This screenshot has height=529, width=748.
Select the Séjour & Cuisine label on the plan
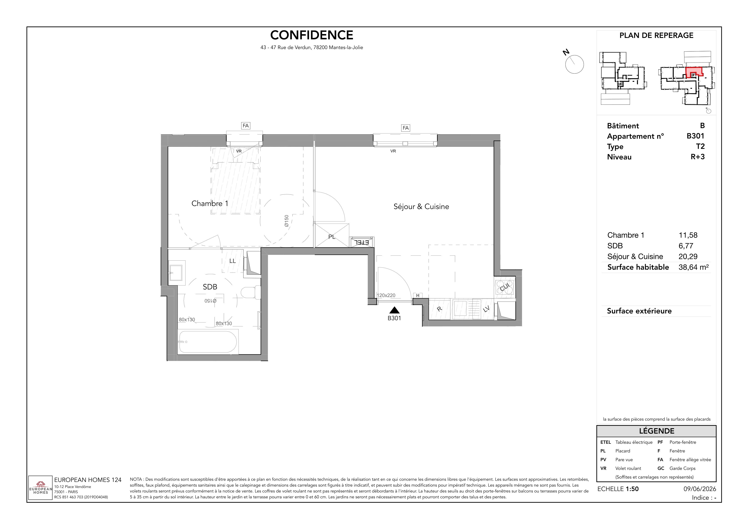tap(421, 206)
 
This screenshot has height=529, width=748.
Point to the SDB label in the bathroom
tap(210, 287)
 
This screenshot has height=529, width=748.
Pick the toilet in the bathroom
tap(251, 292)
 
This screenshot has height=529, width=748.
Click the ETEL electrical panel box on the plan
tap(362, 242)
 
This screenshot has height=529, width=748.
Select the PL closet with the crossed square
tap(332, 235)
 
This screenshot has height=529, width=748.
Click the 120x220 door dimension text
tap(386, 295)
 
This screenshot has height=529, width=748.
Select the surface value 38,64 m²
tap(693, 267)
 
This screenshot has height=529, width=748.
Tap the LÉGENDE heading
tap(656, 431)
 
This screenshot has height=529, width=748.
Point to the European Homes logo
tap(40, 488)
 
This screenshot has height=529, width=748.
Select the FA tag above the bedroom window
tap(246, 126)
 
